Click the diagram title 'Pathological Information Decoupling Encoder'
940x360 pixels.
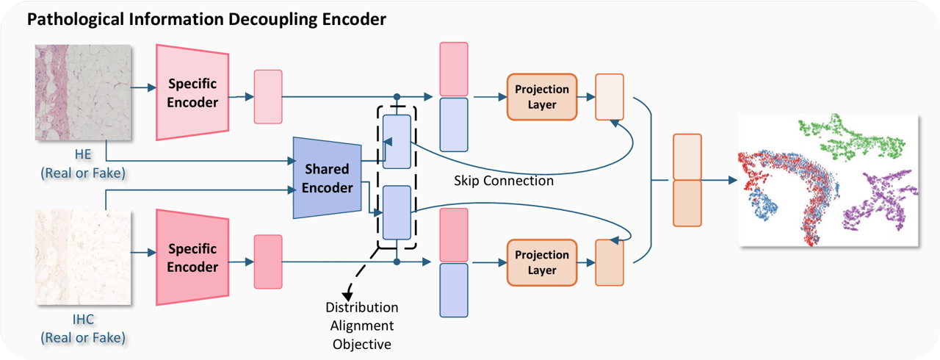tap(206, 20)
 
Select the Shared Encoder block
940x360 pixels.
tap(327, 178)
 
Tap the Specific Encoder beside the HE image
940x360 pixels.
tap(192, 93)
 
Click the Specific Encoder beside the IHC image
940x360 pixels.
tap(192, 257)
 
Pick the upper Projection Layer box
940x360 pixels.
tap(542, 97)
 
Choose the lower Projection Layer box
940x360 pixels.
tap(542, 263)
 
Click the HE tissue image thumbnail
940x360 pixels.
tap(83, 93)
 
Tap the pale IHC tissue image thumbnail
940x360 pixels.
tap(83, 257)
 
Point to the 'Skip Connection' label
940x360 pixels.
tap(504, 181)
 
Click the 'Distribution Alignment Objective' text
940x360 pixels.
tap(362, 325)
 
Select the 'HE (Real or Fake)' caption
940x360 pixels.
tap(83, 164)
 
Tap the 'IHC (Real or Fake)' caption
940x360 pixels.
tap(83, 328)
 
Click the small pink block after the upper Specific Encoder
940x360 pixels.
tap(268, 97)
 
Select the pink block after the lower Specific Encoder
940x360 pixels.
tap(268, 262)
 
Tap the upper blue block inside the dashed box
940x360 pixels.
tap(397, 142)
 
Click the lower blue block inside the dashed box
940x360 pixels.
tap(397, 213)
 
